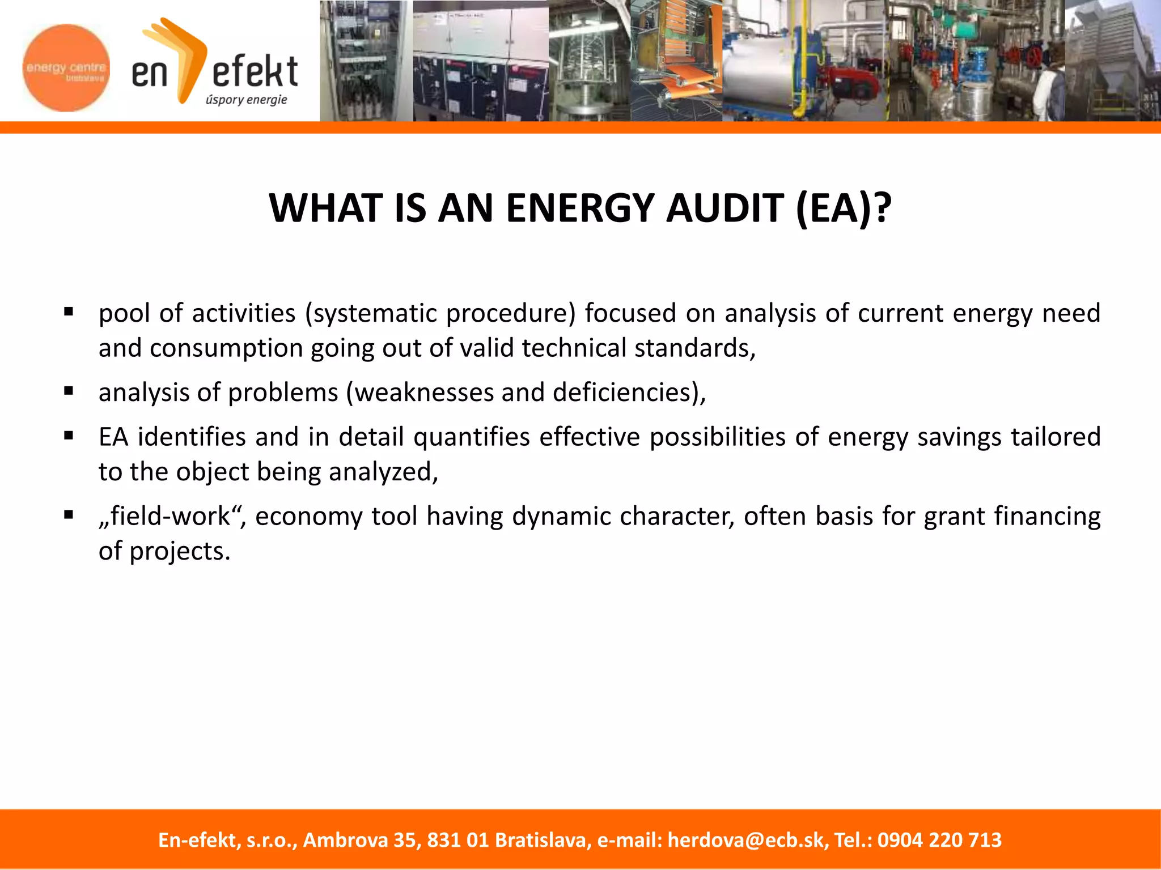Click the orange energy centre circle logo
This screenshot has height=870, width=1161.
(x=66, y=68)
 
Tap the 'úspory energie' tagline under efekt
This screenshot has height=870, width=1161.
(x=247, y=100)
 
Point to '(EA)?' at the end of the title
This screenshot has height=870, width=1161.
(x=844, y=208)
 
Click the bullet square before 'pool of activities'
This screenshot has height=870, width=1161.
(x=69, y=311)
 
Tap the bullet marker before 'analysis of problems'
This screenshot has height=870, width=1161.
(x=69, y=390)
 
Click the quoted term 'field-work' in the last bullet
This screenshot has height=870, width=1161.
(x=170, y=517)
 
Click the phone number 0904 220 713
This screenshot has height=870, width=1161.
(x=939, y=840)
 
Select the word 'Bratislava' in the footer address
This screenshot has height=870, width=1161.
(x=543, y=840)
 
